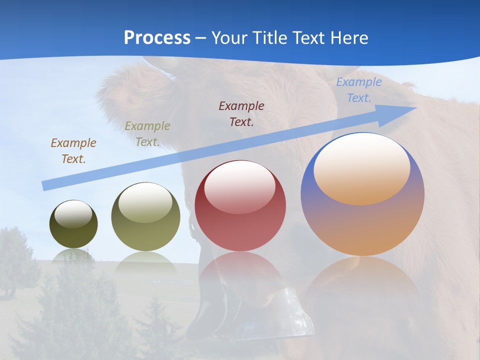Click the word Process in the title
(157, 38)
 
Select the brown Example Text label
(73, 150)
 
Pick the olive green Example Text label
(147, 134)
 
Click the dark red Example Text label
(241, 113)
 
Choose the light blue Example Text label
(359, 90)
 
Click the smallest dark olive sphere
(73, 225)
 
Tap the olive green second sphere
(145, 217)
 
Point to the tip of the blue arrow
(416, 107)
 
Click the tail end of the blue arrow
(43, 186)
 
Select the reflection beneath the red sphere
(240, 270)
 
